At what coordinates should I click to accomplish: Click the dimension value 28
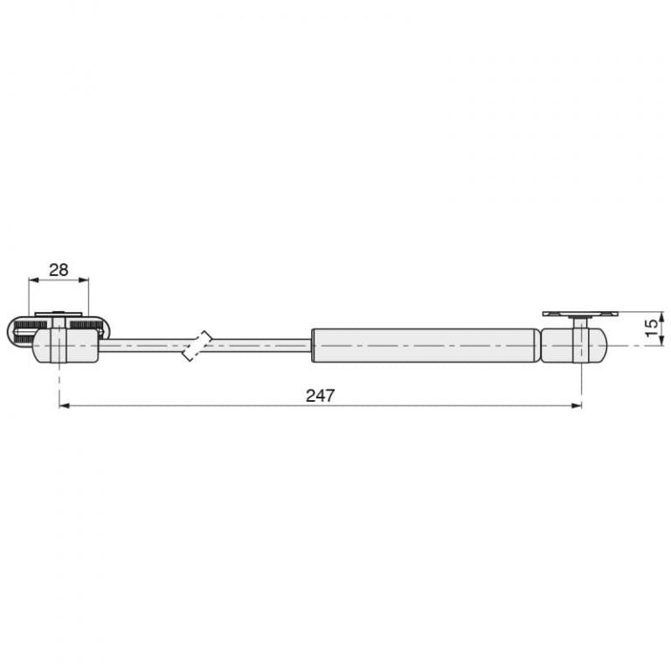click(x=59, y=270)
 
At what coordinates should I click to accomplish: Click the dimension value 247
click(x=320, y=396)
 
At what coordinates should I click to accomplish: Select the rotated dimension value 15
click(x=651, y=329)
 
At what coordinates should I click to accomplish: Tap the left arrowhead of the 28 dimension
click(x=34, y=280)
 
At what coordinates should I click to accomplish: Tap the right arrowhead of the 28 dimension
click(x=84, y=280)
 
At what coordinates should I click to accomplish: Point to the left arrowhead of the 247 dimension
click(x=64, y=405)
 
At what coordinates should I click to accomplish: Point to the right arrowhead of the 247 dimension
click(x=577, y=405)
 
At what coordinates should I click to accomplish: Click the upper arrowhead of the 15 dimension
click(x=661, y=317)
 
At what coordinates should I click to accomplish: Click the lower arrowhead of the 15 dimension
click(x=661, y=340)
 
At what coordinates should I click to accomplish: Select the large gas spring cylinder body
click(x=424, y=345)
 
